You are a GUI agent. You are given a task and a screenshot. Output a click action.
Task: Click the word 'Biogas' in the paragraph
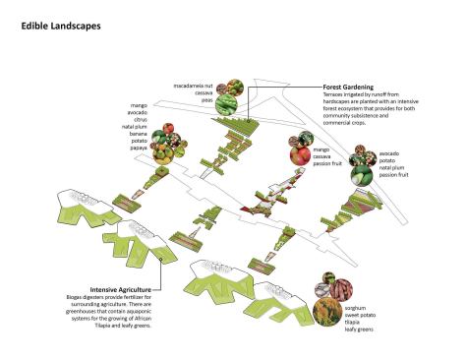tap(99, 298)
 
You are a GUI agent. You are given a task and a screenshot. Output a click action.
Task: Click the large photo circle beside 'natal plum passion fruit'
tap(361, 172)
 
